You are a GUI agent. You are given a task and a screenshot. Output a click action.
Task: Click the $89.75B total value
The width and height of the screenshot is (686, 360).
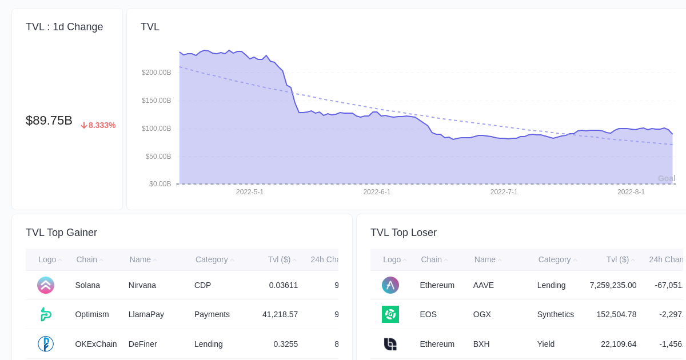pos(49,121)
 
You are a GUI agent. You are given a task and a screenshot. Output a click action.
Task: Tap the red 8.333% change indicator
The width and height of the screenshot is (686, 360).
pos(98,125)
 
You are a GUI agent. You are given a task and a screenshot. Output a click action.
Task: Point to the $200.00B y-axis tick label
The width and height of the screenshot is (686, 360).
pos(156,73)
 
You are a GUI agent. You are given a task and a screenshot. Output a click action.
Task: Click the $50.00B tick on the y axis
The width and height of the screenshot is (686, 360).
pos(158,157)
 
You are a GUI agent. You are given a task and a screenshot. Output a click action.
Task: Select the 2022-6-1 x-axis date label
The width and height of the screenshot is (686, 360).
pos(377,192)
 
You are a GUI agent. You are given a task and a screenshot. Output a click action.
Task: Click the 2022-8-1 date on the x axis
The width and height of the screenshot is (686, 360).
pos(631,192)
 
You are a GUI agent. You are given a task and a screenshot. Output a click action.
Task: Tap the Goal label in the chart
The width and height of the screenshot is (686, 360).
pos(666,178)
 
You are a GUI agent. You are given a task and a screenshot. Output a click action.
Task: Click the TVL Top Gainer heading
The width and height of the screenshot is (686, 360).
pos(61,233)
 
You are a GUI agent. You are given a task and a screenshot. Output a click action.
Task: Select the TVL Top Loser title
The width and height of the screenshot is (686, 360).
pos(403,233)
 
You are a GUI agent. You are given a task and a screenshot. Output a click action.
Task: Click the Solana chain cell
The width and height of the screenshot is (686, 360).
pos(87,285)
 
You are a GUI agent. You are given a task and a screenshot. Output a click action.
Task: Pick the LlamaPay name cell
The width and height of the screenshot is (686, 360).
pos(146,314)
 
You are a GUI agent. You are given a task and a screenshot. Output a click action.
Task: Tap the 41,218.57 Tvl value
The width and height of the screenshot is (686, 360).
pos(280,314)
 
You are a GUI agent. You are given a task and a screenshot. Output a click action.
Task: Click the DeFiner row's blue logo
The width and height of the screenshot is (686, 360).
pos(46,344)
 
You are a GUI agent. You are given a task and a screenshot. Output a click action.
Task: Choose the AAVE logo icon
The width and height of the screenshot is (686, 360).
pos(390,285)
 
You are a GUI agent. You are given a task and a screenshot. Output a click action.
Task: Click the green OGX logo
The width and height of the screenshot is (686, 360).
pos(390,314)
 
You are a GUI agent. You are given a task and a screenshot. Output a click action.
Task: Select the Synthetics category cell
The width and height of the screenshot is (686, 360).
pos(555,314)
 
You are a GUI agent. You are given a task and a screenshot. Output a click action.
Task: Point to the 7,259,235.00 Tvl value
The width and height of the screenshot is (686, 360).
pos(613,285)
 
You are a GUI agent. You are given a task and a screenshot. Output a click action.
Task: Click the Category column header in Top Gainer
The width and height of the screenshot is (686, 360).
pos(212,259)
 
